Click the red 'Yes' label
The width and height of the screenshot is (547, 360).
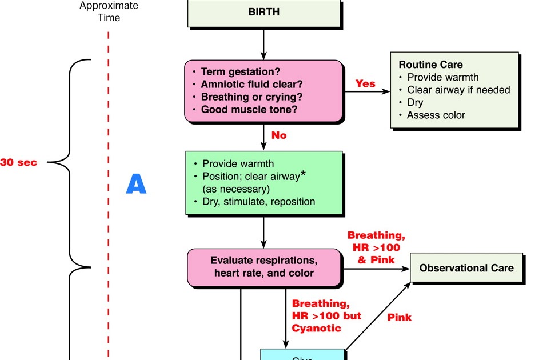(365, 83)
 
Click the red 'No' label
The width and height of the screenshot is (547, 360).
(279, 135)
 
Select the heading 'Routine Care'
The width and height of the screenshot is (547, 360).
(430, 65)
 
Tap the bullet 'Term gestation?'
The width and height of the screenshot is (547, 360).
(240, 72)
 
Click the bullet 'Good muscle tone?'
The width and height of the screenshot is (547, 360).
(249, 109)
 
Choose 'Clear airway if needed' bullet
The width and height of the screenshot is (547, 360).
(458, 90)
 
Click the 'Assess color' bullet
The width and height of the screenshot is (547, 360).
(436, 115)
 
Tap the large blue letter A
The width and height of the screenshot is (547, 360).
(136, 185)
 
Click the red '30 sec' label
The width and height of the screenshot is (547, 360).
(18, 163)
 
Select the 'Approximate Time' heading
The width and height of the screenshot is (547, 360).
(108, 11)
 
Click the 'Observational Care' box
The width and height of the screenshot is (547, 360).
(466, 268)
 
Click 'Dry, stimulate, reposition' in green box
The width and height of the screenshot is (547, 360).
(258, 202)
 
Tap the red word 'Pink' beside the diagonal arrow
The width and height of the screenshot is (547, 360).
(399, 317)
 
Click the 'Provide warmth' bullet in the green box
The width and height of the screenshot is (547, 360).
(238, 163)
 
